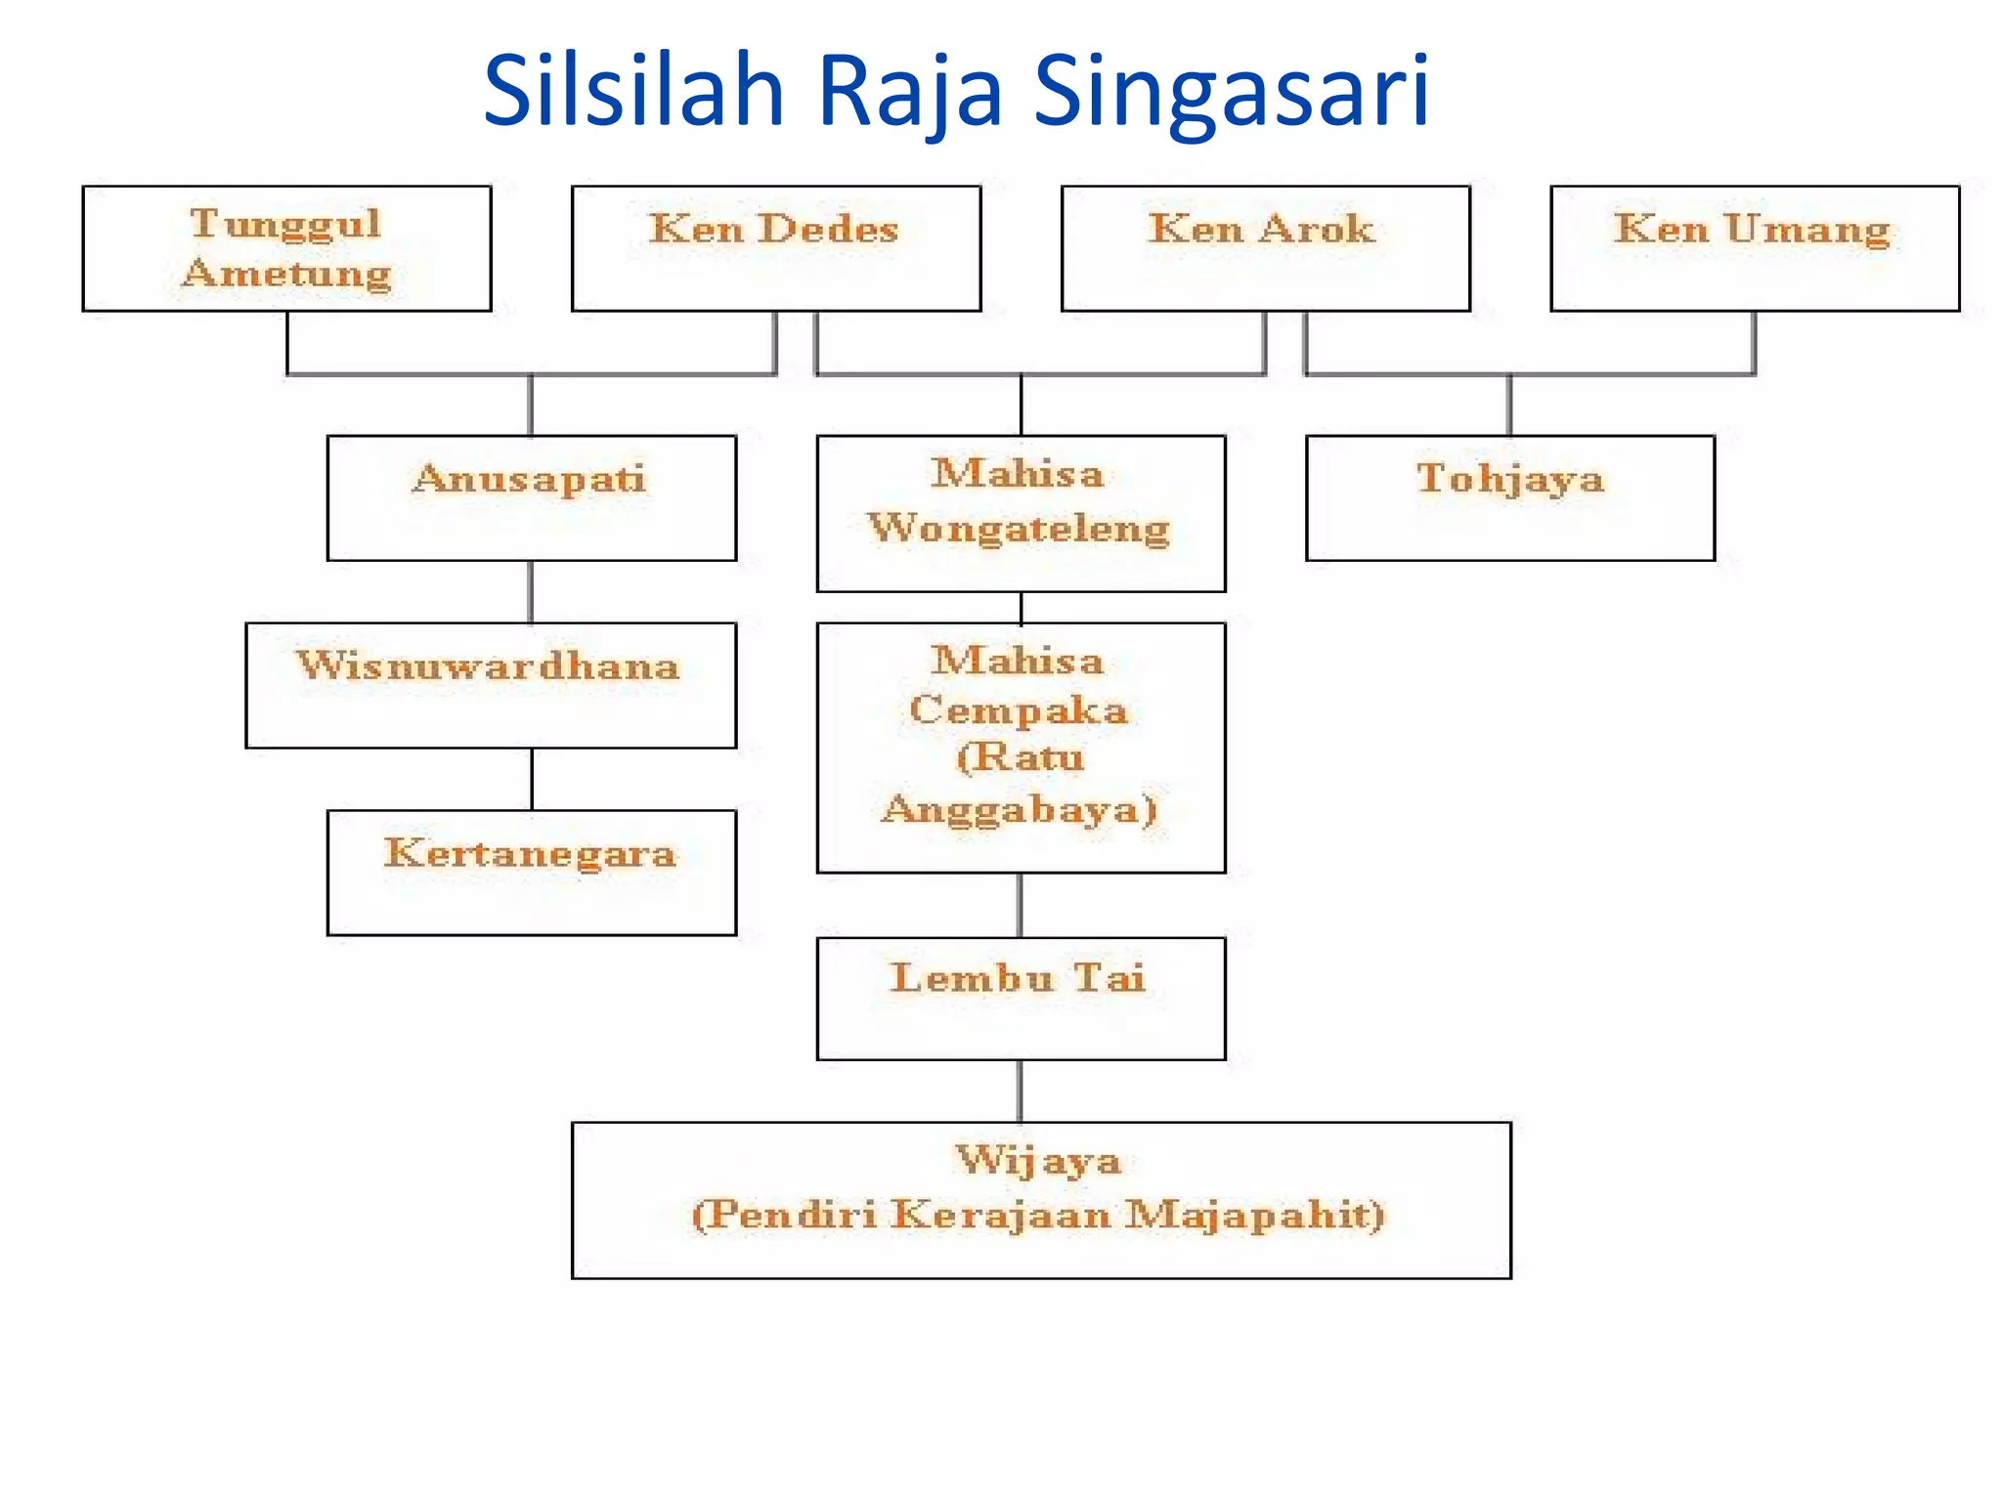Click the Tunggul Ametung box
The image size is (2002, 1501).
[x=286, y=248]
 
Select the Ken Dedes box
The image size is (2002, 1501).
[x=775, y=248]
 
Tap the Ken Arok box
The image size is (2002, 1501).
[x=1265, y=248]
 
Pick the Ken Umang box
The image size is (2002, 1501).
[x=1754, y=248]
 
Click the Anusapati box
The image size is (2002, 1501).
[x=531, y=497]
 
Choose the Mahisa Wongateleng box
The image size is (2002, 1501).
[x=1021, y=513]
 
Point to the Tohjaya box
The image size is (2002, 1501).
[x=1509, y=497]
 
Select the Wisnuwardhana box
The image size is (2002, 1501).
[x=490, y=685]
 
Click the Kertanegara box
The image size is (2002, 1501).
[x=531, y=872]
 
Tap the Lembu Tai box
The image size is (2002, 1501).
[x=1021, y=998]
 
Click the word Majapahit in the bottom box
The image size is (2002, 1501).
[x=1254, y=1215]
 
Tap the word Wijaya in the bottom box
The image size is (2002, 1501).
[x=1038, y=1161]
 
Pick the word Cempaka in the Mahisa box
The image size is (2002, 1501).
[x=1019, y=710]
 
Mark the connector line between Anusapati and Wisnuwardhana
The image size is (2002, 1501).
[x=531, y=591]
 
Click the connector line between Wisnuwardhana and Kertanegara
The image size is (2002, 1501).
[x=532, y=779]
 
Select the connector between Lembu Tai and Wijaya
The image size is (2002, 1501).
[x=1021, y=1091]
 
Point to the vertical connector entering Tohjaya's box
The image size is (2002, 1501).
[x=1509, y=405]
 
